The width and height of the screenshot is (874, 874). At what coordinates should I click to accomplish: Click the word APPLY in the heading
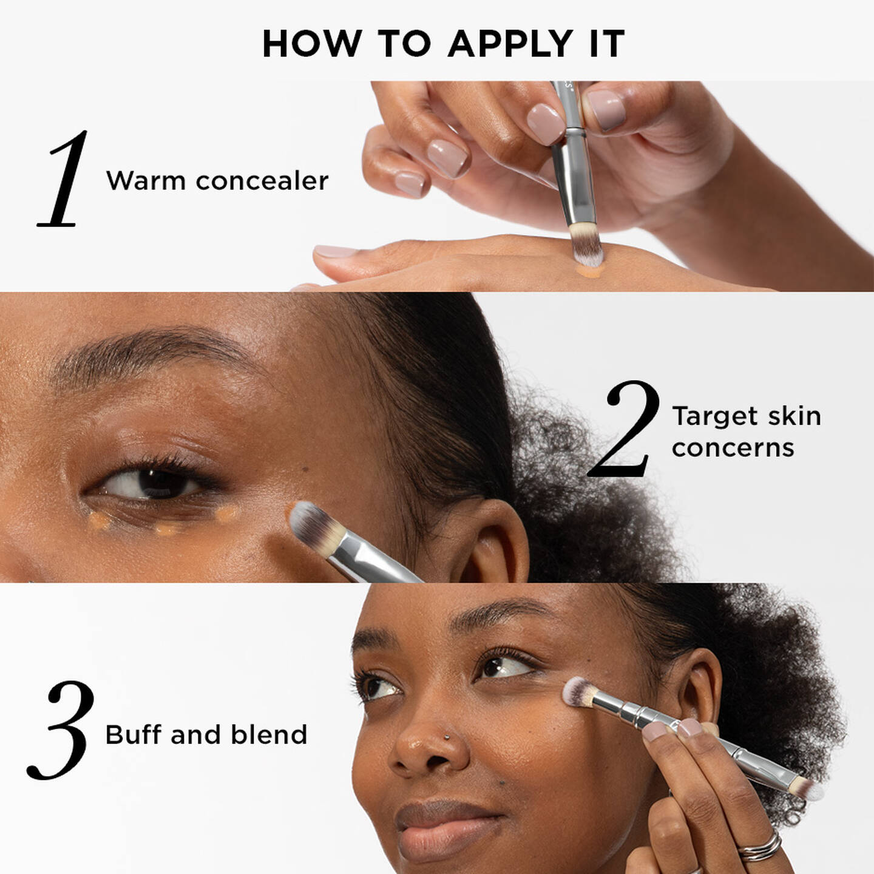(x=510, y=44)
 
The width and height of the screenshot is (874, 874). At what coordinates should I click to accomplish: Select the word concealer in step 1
(x=262, y=181)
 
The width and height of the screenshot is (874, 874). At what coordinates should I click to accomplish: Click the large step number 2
(x=624, y=428)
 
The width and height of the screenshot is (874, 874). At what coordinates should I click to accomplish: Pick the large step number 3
(x=61, y=730)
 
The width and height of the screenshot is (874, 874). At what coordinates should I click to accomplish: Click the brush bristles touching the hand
(x=587, y=245)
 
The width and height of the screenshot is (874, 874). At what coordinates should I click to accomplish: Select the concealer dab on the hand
(x=589, y=271)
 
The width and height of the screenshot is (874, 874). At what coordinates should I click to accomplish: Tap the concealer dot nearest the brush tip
(x=226, y=515)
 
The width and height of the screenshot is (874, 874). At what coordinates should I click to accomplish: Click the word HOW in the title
(x=311, y=44)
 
